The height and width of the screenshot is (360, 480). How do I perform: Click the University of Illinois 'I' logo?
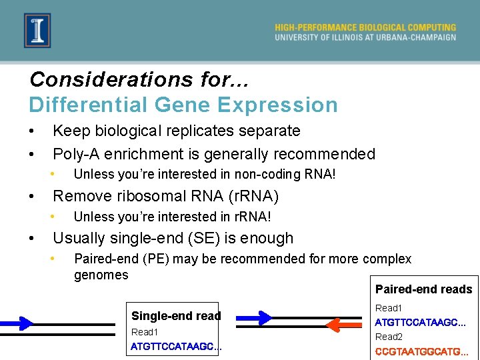(x=37, y=31)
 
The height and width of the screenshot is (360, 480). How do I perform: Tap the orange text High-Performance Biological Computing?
(x=365, y=27)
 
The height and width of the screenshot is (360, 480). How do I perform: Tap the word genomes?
(x=101, y=275)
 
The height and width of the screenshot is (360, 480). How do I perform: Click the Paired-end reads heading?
(x=423, y=289)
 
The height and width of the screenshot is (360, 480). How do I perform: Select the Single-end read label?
(x=176, y=316)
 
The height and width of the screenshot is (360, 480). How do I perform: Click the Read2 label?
(x=389, y=337)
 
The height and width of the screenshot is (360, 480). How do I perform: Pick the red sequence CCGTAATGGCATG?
(x=421, y=351)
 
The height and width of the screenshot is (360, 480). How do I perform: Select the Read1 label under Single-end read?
(x=145, y=332)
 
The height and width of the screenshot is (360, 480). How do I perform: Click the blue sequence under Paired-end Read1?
(x=420, y=323)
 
